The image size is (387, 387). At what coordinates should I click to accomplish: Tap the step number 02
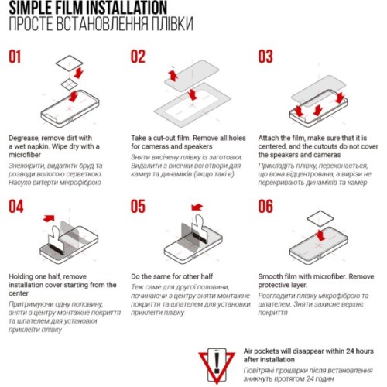[x=139, y=57]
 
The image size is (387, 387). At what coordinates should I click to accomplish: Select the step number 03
[x=265, y=57]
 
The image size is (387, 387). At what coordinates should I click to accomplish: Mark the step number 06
[x=265, y=206]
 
